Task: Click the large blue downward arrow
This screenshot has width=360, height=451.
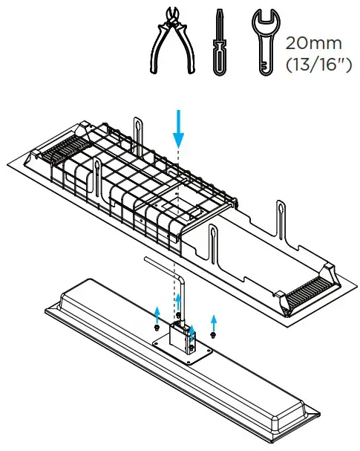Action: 178,129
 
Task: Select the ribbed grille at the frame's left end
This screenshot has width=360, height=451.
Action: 53,153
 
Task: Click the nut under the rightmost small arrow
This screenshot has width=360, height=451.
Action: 213,336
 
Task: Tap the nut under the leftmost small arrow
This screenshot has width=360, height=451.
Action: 157,326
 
